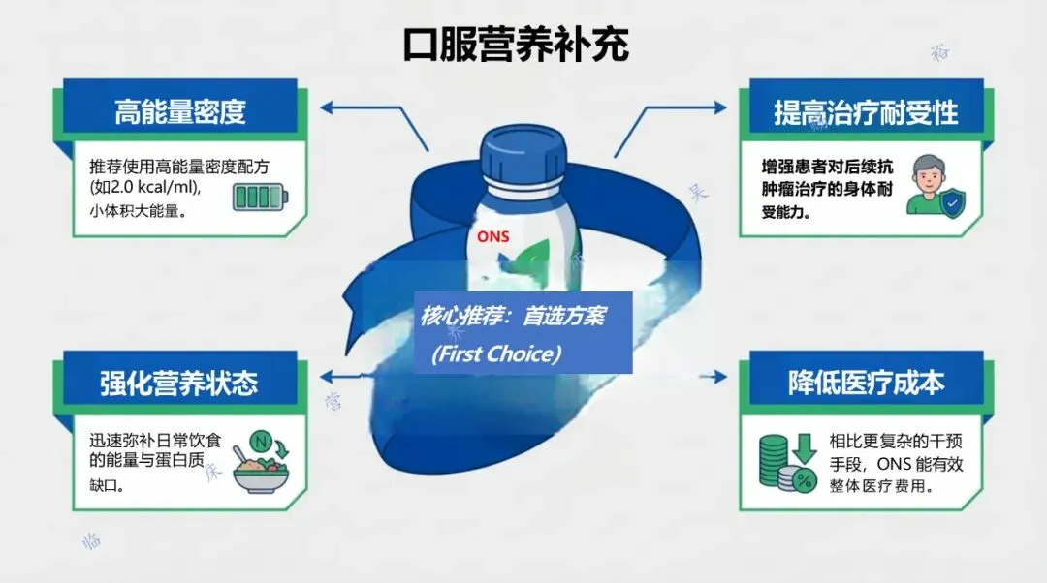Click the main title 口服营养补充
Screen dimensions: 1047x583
pos(516,45)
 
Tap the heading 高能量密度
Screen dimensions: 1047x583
pos(179,112)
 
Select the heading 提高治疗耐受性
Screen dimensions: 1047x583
pos(865,112)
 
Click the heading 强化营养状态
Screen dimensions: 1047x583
pos(179,383)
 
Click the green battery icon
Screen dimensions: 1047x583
pos(259,199)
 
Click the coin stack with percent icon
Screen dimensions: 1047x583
pos(786,464)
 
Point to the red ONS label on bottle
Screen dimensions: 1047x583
pos(492,236)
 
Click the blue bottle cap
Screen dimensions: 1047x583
pos(523,154)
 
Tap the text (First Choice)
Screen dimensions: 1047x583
pos(496,354)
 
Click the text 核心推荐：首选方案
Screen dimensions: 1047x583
pos(513,317)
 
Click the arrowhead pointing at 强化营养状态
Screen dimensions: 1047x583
pos(327,377)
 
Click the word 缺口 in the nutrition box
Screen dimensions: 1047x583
pos(106,485)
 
